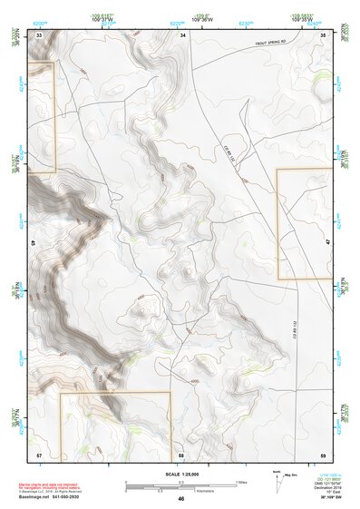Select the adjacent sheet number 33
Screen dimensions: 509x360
39,34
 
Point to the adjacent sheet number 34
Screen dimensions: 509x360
183,34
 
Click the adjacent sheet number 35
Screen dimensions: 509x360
324,34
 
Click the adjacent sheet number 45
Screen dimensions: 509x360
34,245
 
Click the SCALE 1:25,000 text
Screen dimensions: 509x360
181,474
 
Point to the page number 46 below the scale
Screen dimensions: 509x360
181,499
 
